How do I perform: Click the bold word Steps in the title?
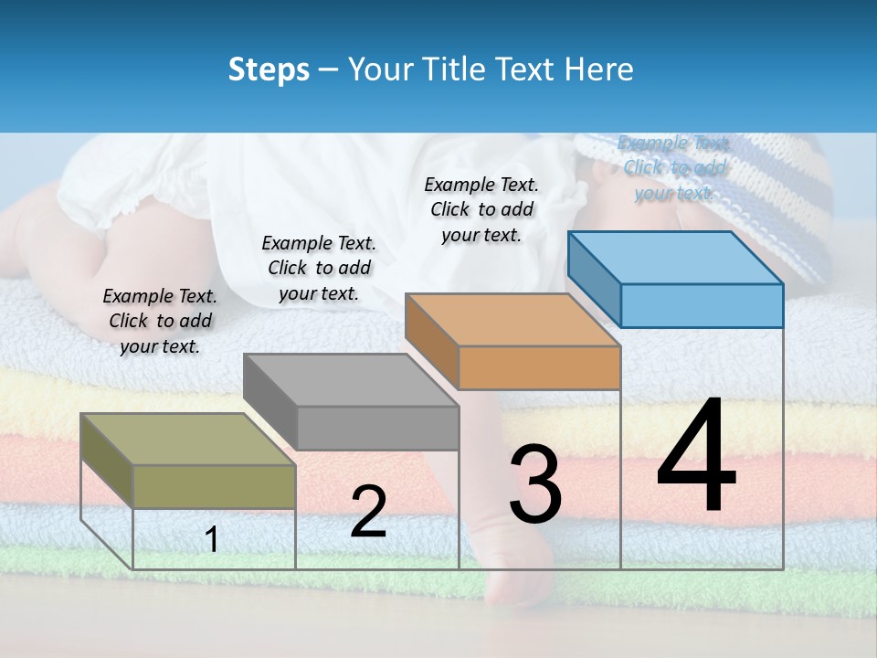(269, 69)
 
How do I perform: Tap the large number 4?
(697, 456)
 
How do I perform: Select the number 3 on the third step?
(535, 484)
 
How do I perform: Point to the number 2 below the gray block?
(368, 512)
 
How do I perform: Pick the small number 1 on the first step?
(212, 539)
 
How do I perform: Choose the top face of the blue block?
(676, 258)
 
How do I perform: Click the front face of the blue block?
(702, 305)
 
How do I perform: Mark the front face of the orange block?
(539, 368)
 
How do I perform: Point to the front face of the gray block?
(377, 428)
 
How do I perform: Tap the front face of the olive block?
(215, 486)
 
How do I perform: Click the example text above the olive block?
(160, 321)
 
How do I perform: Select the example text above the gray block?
(319, 268)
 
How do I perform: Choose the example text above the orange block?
(481, 209)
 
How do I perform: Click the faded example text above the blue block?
(674, 167)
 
